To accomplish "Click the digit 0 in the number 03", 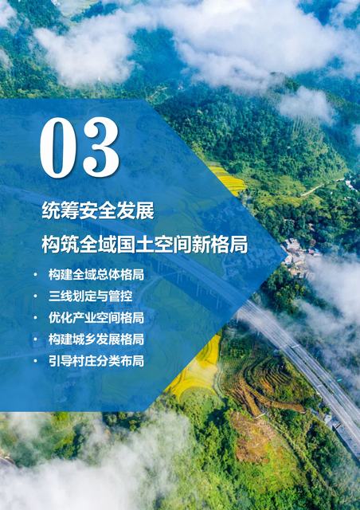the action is tap(58, 147).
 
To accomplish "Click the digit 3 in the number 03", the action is tap(101, 147).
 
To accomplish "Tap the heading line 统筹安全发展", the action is tap(98, 210).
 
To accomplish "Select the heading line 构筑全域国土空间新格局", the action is tap(145, 245).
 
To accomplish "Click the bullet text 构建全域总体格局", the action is tap(96, 274).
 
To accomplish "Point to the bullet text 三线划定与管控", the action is tap(91, 296).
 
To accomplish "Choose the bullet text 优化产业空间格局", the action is tap(96, 318).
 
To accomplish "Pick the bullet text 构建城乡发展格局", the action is tap(96, 339).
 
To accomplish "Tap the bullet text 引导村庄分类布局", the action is tap(96, 361).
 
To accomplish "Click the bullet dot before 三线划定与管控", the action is tap(36, 296).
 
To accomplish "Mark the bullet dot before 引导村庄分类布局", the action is tap(36, 361).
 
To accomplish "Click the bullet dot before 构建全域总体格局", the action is tap(36, 275).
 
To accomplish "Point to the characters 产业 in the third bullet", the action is tap(84, 318).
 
